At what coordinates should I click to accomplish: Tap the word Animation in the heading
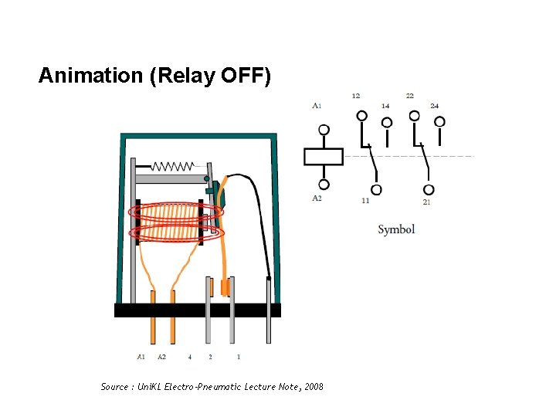click(78, 76)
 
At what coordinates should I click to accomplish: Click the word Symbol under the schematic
click(396, 229)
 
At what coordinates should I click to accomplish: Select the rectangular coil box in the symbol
click(324, 157)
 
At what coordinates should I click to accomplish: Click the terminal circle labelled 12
click(361, 116)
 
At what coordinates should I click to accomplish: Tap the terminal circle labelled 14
click(387, 122)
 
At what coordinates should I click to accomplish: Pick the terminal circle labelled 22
click(415, 116)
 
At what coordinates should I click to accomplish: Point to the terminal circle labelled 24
click(439, 121)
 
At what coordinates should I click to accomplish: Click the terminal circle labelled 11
click(376, 189)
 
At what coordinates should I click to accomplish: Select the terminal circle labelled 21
click(429, 189)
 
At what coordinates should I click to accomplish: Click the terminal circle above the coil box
click(324, 130)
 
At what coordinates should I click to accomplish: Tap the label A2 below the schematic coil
click(317, 198)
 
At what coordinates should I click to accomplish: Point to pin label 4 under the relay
click(189, 357)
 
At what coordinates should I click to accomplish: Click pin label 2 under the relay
click(210, 357)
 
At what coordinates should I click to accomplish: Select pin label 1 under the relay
click(239, 357)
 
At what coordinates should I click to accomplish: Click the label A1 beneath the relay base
click(141, 357)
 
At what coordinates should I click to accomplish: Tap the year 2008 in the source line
click(314, 386)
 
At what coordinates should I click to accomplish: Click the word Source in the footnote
click(115, 386)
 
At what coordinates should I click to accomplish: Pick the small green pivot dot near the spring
click(206, 178)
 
